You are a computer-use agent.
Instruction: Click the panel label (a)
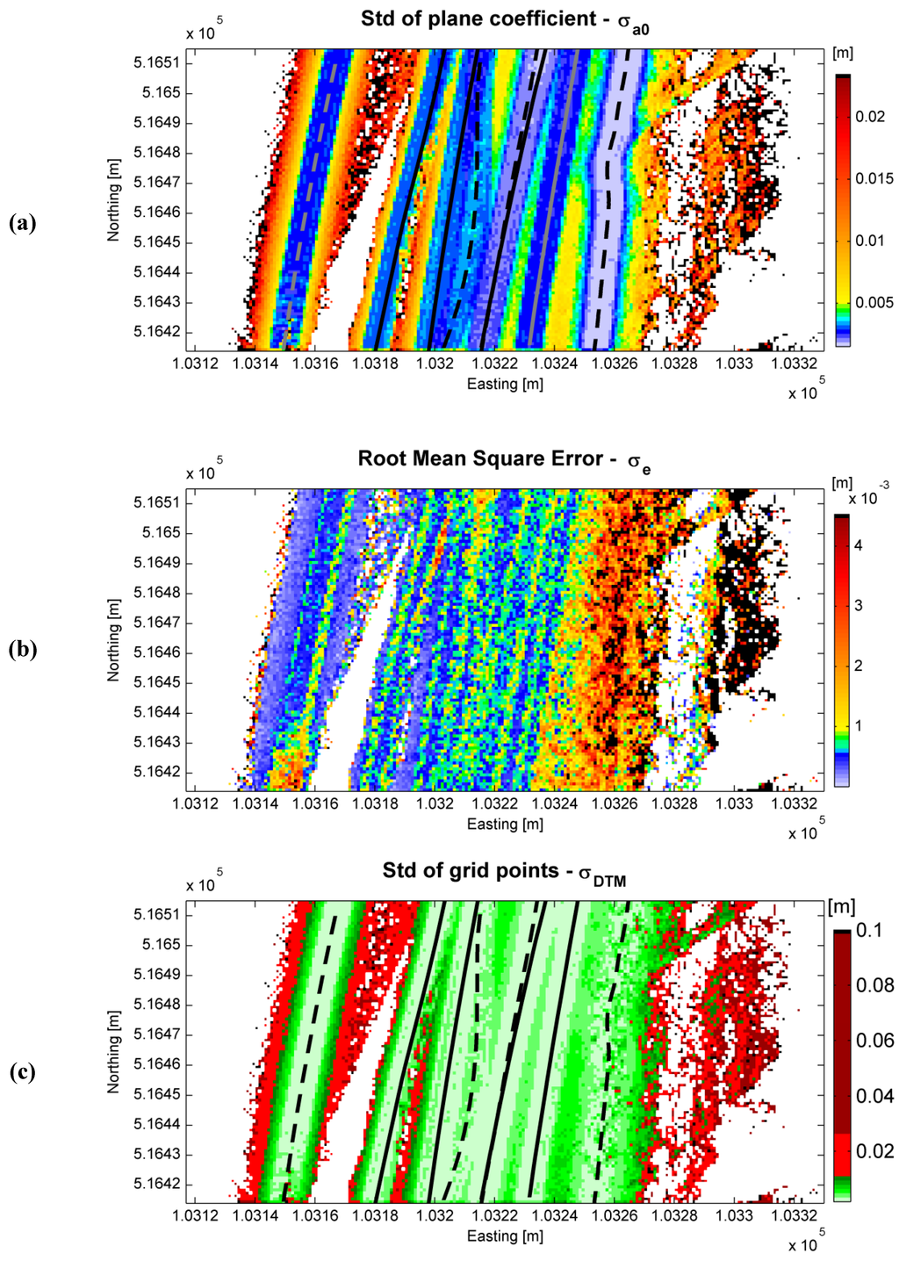point(22,223)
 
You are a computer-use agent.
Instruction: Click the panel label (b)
point(22,650)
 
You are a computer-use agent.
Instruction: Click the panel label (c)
point(22,1072)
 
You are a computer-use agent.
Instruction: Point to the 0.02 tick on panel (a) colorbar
point(870,117)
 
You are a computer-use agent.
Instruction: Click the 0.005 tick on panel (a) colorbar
point(874,302)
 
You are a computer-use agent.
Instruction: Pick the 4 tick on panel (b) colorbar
point(859,545)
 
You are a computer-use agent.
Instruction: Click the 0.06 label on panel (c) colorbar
point(874,1041)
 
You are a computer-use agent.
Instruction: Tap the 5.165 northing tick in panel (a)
point(162,92)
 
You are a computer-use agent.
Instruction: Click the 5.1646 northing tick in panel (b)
point(157,652)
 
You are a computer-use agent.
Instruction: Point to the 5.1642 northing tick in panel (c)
point(157,1184)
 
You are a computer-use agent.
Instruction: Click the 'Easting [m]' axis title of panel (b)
point(505,824)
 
